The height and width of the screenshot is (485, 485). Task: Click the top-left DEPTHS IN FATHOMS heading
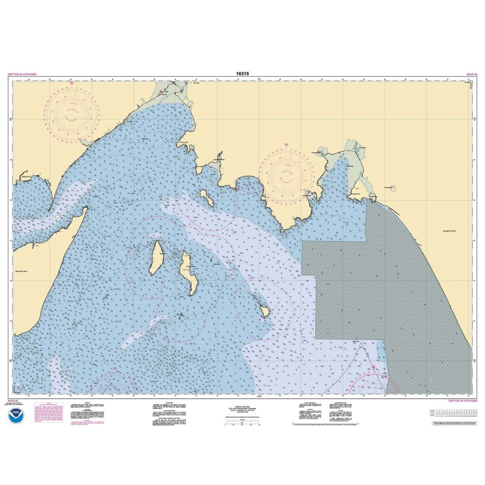pyautogui.click(x=22, y=74)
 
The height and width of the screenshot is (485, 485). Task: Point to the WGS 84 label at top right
pyautogui.click(x=471, y=74)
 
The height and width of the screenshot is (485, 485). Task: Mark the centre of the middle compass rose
pyautogui.click(x=286, y=176)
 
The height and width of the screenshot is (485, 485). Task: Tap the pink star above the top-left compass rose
pyautogui.click(x=72, y=83)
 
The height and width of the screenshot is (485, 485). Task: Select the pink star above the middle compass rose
pyautogui.click(x=286, y=145)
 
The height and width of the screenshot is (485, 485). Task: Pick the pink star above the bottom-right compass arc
pyautogui.click(x=374, y=368)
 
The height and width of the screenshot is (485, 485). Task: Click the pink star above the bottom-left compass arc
pyautogui.click(x=115, y=368)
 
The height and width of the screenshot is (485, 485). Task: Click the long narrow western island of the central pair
pyautogui.click(x=156, y=257)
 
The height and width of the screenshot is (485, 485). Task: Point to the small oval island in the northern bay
pyautogui.click(x=206, y=197)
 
